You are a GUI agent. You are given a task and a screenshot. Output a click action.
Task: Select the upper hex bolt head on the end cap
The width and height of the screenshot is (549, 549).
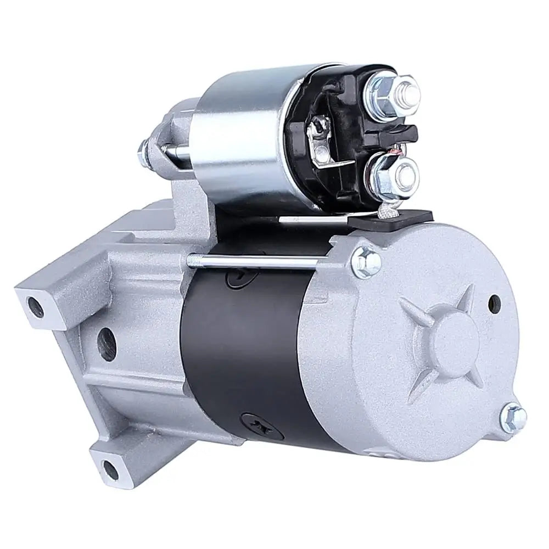[366, 258]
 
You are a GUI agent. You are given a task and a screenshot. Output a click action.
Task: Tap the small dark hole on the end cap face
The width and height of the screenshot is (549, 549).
[494, 301]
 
